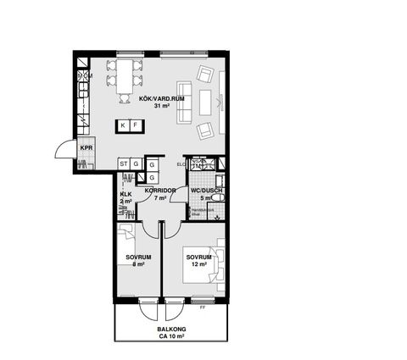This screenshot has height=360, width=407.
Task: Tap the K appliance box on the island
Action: coord(123,126)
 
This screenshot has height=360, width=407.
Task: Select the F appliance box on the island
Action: coord(135,126)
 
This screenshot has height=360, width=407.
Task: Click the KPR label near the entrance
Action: coord(86,147)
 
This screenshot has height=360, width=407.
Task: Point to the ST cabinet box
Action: coord(124,163)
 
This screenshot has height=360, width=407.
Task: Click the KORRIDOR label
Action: coord(160,191)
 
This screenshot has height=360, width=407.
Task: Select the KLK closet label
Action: coord(125,194)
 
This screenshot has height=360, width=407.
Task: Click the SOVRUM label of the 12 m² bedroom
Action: coord(198,257)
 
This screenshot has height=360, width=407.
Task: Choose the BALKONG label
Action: coord(172,330)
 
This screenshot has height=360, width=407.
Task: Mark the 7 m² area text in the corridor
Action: coord(160,198)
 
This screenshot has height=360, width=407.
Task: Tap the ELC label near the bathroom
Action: coord(181,163)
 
